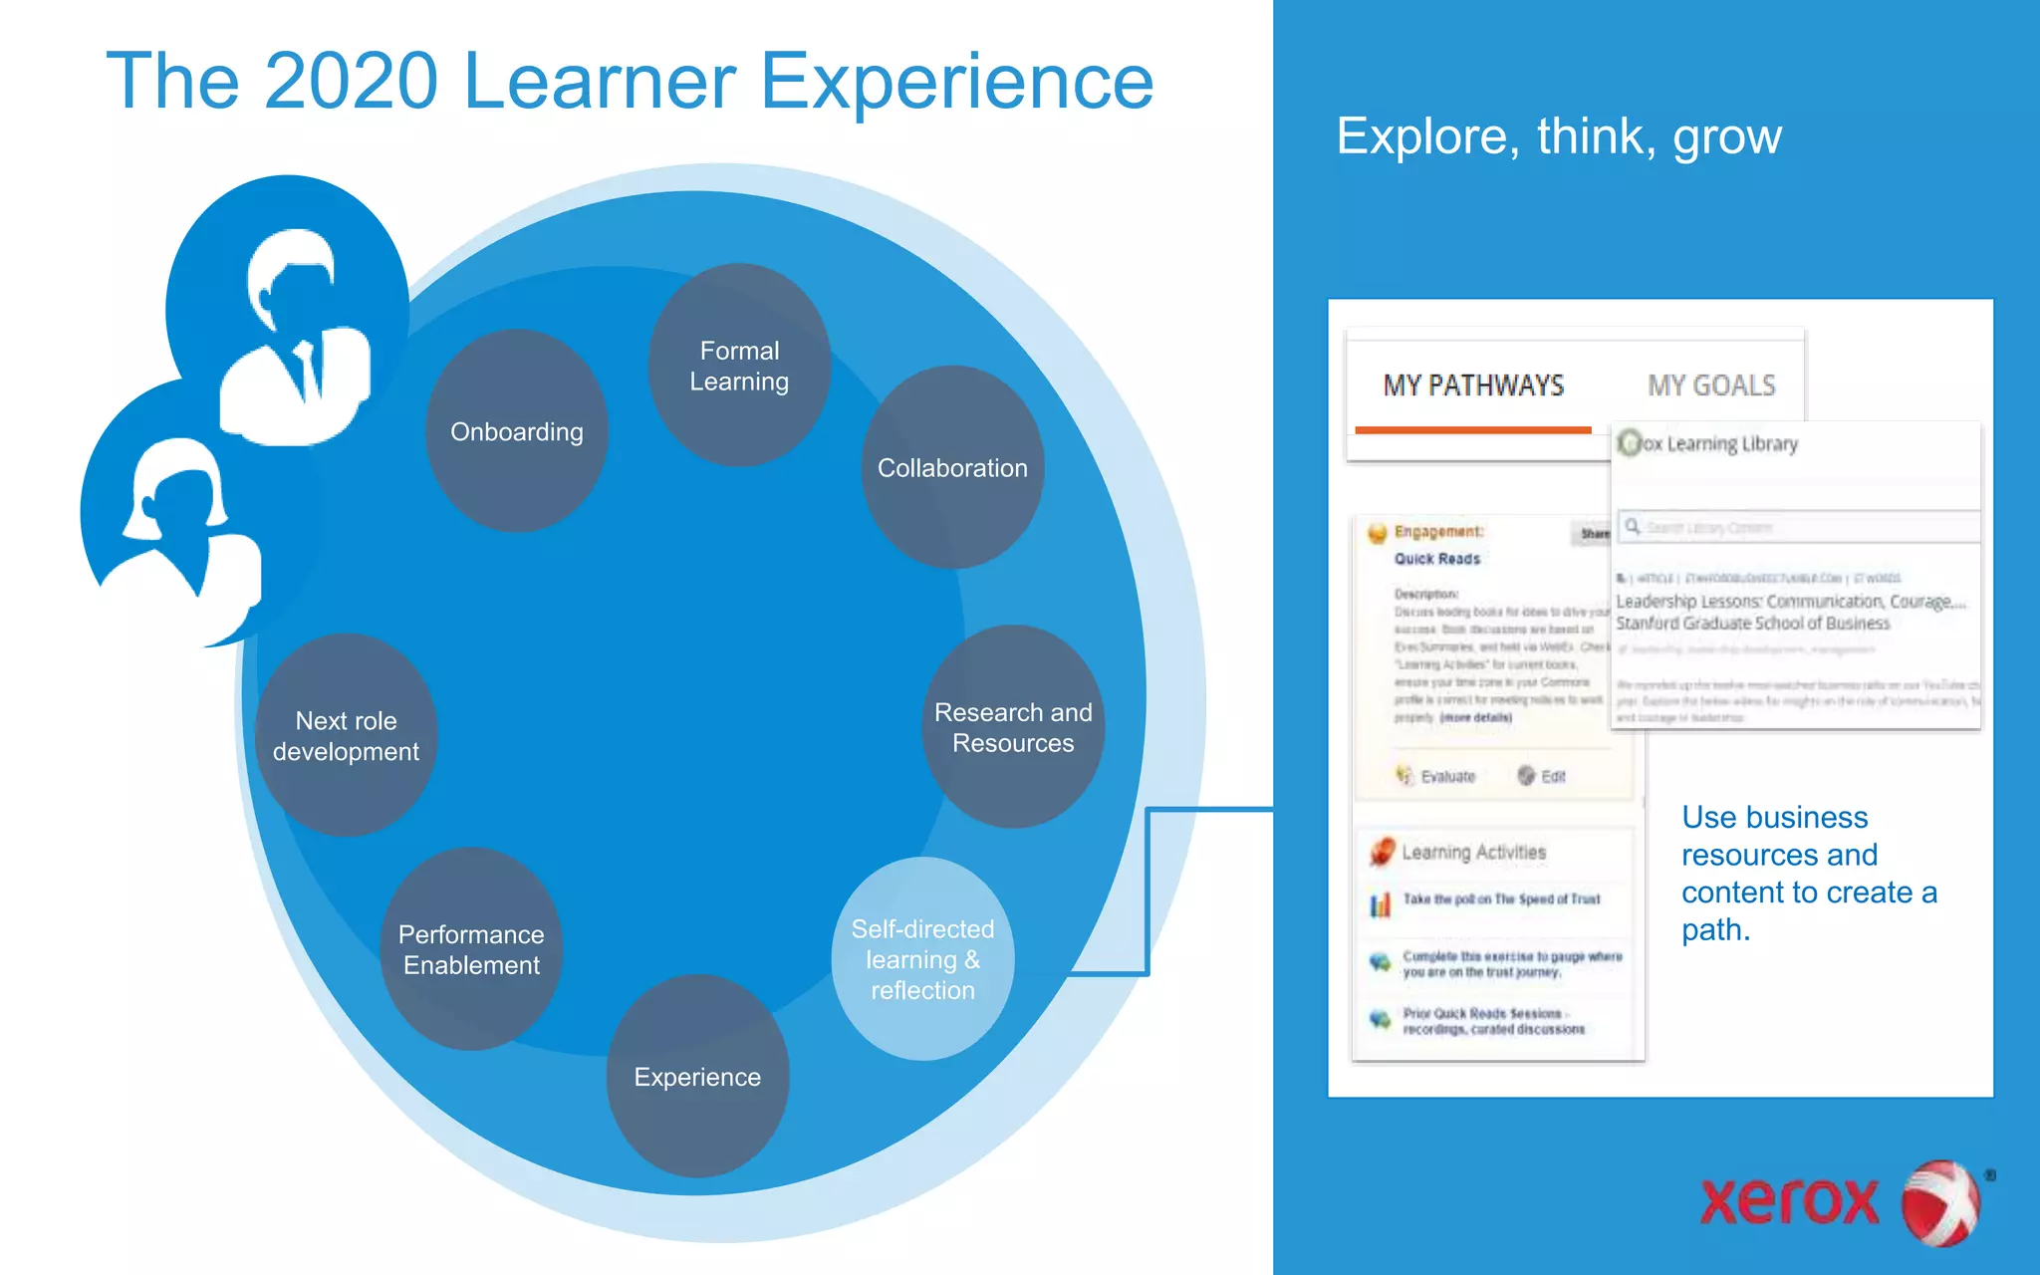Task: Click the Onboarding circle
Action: tap(517, 431)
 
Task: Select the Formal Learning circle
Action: tap(739, 366)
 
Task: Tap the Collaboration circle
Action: tap(952, 468)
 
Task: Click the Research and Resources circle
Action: tap(1013, 727)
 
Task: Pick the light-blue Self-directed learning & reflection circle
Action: tap(922, 959)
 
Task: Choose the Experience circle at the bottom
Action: tap(697, 1077)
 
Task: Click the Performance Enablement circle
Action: tap(471, 949)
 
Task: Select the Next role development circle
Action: tap(346, 735)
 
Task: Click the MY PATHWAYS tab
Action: tap(1472, 386)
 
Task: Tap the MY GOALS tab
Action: tap(1710, 386)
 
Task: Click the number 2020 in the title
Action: tap(351, 82)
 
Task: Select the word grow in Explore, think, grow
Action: tap(1727, 137)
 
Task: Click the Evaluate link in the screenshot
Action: tap(1446, 777)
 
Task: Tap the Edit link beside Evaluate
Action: tap(1552, 777)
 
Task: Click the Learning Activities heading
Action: tap(1472, 853)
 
